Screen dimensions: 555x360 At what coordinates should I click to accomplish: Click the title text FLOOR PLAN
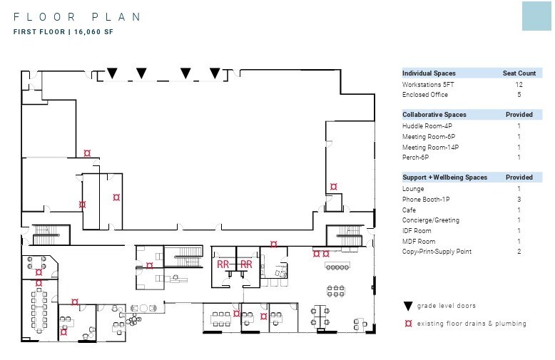[x=77, y=17]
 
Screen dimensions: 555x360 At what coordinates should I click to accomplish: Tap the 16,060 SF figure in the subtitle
[x=93, y=32]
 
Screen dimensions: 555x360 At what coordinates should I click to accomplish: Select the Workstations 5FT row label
[x=428, y=85]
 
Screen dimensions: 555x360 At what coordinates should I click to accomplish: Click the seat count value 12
[x=519, y=85]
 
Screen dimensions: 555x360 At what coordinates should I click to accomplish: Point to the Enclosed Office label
[x=424, y=94]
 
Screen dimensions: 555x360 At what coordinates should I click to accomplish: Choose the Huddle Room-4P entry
[x=427, y=126]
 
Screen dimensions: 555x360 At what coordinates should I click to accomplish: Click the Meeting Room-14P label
[x=430, y=147]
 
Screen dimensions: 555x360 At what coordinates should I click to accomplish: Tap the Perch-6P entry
[x=415, y=158]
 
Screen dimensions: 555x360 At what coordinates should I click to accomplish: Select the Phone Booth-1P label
[x=426, y=200]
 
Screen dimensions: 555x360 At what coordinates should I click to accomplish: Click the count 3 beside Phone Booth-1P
[x=519, y=200]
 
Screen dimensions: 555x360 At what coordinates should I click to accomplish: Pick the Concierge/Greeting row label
[x=431, y=220]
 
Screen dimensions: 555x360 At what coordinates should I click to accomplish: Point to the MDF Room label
[x=419, y=242]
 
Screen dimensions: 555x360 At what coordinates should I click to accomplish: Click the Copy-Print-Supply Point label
[x=437, y=252]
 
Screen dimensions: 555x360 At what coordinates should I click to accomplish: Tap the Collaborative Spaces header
[x=434, y=115]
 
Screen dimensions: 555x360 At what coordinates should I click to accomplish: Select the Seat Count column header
[x=519, y=73]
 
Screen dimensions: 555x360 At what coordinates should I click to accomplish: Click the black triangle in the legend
[x=408, y=306]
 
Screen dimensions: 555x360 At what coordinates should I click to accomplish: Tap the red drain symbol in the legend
[x=409, y=323]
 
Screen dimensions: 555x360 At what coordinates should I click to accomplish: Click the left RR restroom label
[x=223, y=264]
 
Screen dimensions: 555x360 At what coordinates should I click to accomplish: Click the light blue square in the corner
[x=536, y=16]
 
